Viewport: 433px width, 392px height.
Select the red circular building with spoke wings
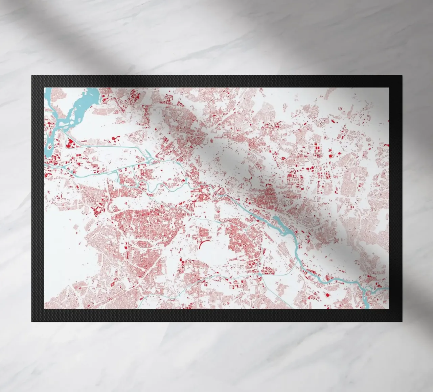tap(115, 139)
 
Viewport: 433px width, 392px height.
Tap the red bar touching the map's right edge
tap(387, 145)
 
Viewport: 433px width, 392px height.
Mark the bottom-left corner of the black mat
tap(32, 321)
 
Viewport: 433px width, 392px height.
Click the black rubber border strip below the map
tap(216, 315)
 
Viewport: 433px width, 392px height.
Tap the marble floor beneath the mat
tap(216, 355)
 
